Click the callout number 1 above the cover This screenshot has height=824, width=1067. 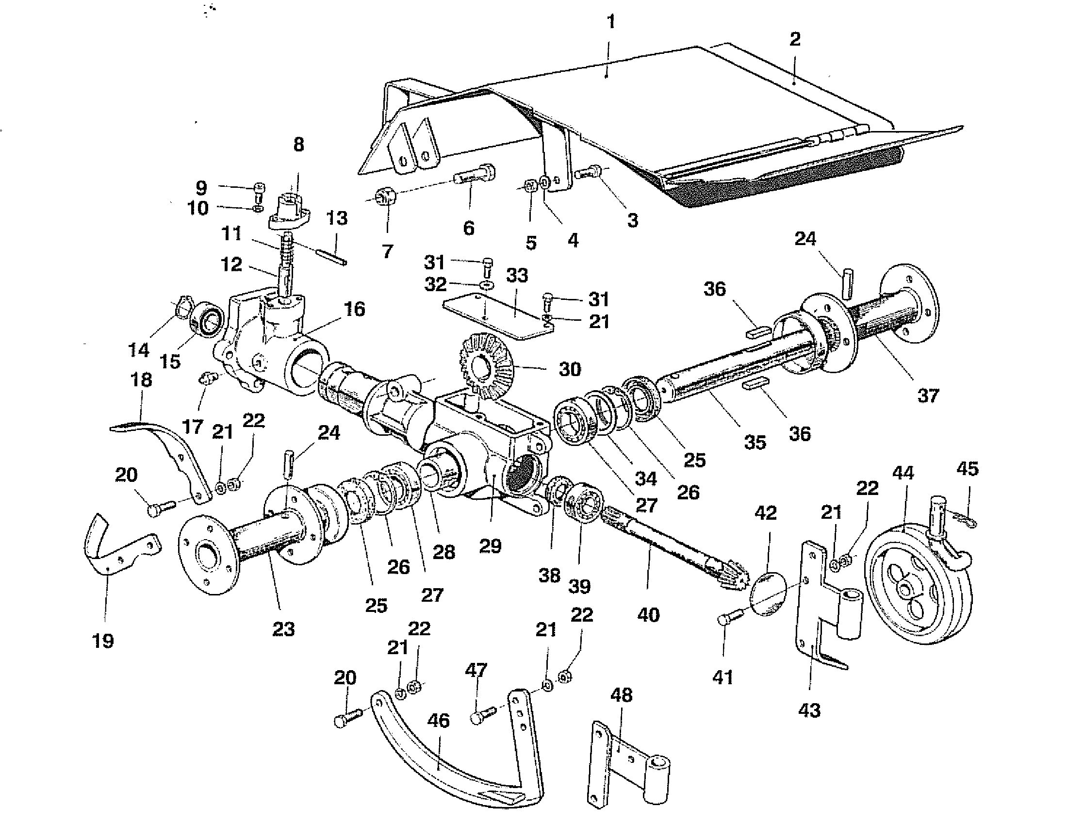[x=610, y=22]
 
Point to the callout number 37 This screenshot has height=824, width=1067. [x=928, y=395]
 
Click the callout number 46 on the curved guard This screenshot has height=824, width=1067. [x=438, y=720]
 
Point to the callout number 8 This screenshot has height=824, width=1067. [x=298, y=145]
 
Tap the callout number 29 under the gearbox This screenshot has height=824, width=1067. [x=490, y=546]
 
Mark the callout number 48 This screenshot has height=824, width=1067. [x=621, y=694]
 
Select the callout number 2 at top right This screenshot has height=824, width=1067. [x=795, y=39]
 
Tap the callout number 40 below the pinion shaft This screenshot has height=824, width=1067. [x=648, y=614]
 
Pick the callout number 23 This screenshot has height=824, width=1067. [x=283, y=629]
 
